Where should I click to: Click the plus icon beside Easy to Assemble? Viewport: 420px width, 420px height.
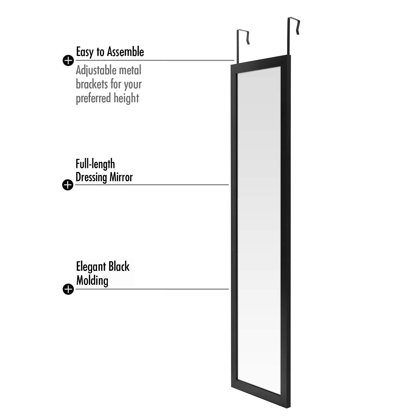pyautogui.click(x=68, y=60)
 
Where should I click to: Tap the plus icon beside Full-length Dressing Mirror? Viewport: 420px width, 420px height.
pyautogui.click(x=68, y=185)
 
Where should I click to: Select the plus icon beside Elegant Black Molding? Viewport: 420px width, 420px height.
pyautogui.click(x=68, y=289)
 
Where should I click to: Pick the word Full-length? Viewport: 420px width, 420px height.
pyautogui.click(x=95, y=164)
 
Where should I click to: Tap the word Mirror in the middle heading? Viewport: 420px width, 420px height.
pyautogui.click(x=121, y=177)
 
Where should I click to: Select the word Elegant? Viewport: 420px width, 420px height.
pyautogui.click(x=91, y=267)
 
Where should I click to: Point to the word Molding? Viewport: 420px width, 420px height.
pyautogui.click(x=92, y=280)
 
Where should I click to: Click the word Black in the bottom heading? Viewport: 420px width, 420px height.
pyautogui.click(x=119, y=266)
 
